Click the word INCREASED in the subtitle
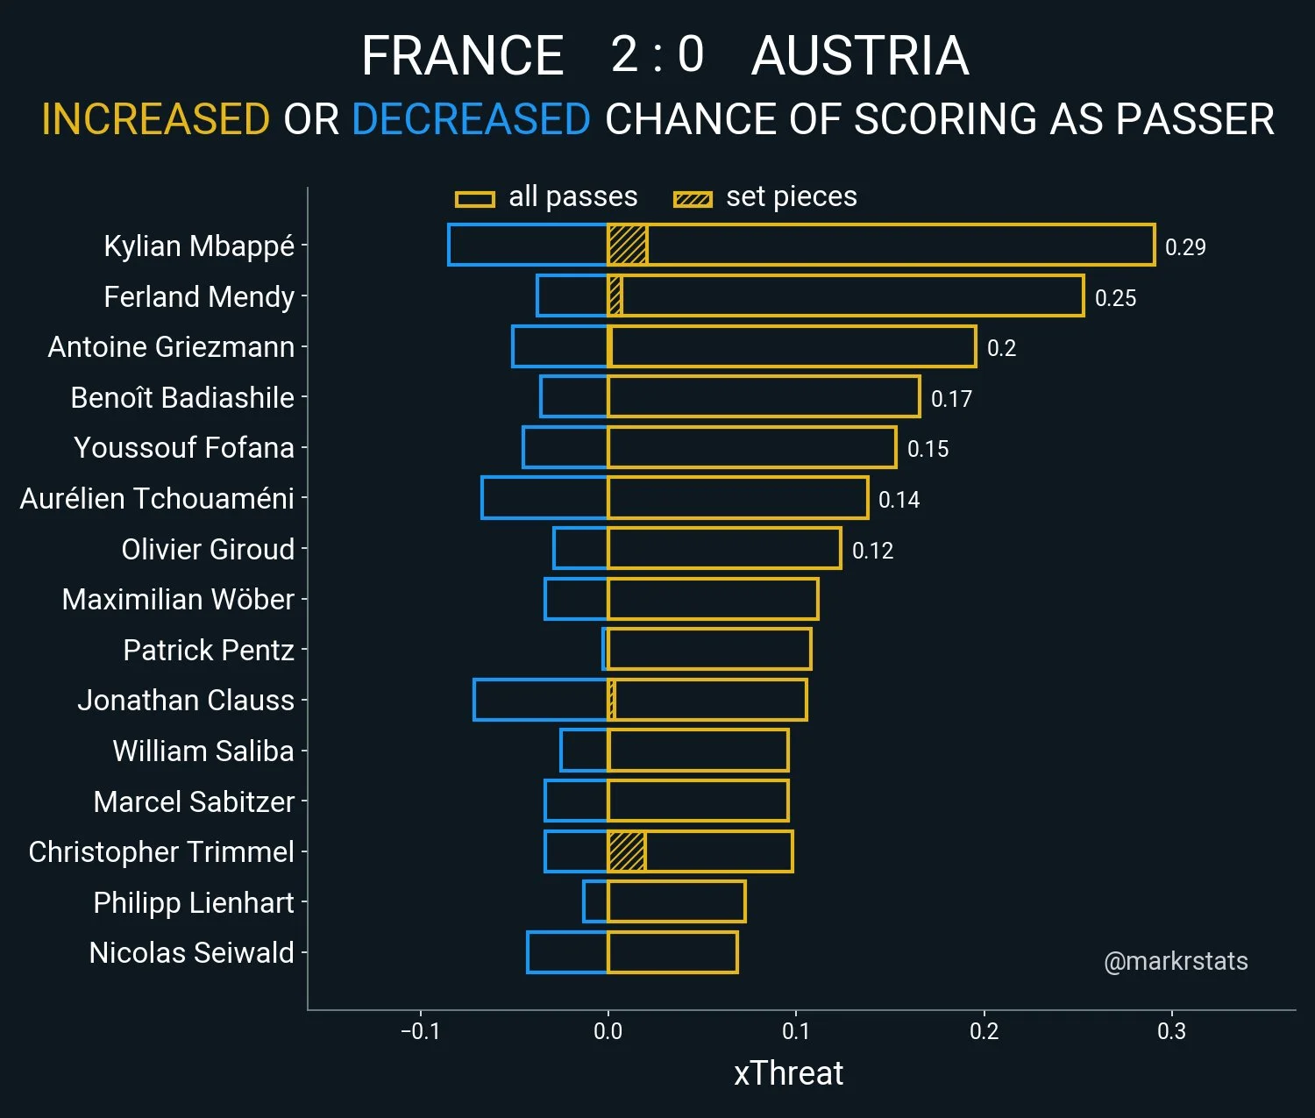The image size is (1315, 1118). (155, 119)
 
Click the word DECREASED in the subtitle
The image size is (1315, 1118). (471, 119)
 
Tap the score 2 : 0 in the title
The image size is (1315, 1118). (657, 54)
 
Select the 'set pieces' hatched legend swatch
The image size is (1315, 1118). (693, 199)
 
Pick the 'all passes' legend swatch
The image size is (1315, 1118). (475, 199)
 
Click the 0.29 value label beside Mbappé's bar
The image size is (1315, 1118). (1185, 247)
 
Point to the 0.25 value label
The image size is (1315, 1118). (1115, 298)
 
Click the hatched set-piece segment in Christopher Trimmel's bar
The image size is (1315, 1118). (627, 851)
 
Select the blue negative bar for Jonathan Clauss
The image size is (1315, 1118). (540, 700)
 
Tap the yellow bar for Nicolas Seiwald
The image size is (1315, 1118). (672, 952)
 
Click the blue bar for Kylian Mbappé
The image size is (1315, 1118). (528, 245)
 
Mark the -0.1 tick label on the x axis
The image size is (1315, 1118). (420, 1031)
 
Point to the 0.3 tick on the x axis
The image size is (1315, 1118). (1171, 1031)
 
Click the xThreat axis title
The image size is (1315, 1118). (788, 1073)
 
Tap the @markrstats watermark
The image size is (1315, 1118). (1176, 961)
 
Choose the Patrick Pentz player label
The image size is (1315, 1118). (209, 650)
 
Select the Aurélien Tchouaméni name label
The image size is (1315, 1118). (157, 498)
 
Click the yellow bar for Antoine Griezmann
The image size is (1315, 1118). (792, 346)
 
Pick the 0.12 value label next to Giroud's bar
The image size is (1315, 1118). (872, 551)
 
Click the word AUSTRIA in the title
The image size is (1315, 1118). (860, 56)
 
